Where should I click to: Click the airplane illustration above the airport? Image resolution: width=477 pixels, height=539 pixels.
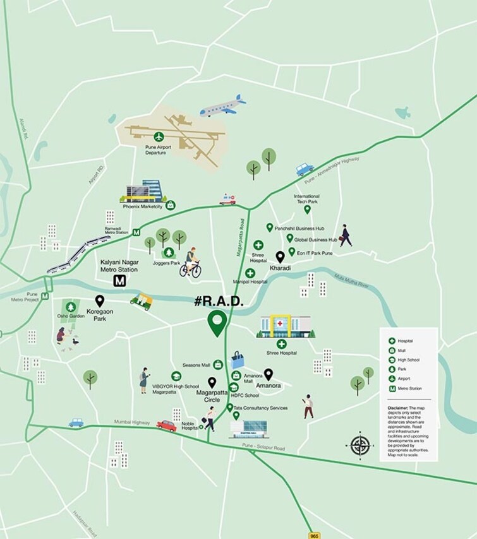(222, 106)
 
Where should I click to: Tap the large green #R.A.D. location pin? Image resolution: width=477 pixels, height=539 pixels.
(219, 323)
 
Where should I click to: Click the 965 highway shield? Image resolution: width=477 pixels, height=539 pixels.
(315, 535)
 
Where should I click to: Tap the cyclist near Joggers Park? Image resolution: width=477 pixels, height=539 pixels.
(190, 263)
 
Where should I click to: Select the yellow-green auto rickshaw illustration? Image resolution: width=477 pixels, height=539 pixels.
(143, 299)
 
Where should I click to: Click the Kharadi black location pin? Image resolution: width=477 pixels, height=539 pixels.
(281, 257)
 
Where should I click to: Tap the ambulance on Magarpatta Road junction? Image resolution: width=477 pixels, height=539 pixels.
(227, 199)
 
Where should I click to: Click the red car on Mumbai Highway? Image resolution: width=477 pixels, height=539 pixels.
(166, 426)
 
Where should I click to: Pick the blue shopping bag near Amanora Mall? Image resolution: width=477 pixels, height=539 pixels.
(238, 360)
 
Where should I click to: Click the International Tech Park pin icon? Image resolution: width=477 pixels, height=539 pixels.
(308, 210)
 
